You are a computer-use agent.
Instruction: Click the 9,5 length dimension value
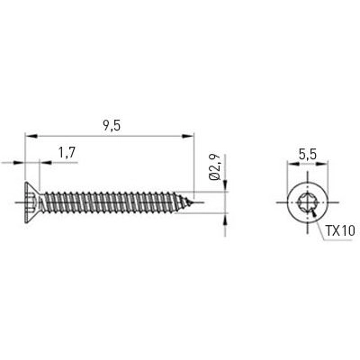[x=112, y=127]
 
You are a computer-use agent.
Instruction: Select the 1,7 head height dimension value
[x=66, y=154]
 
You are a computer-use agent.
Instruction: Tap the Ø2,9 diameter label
[x=215, y=170]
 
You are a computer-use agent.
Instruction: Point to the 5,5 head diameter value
[x=308, y=154]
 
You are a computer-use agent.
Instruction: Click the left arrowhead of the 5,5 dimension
[x=292, y=164]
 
